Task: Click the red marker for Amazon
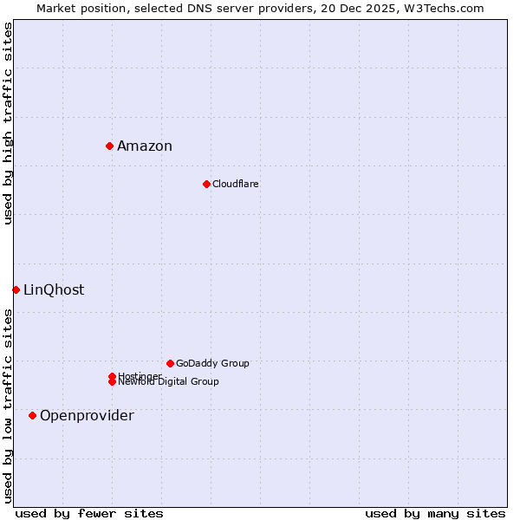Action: (110, 146)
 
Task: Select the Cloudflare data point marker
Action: (206, 184)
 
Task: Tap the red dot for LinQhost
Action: (16, 289)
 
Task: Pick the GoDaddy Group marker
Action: (170, 363)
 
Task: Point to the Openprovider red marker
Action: (33, 415)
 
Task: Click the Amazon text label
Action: (145, 146)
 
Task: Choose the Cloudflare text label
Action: (236, 184)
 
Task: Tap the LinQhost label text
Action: (54, 290)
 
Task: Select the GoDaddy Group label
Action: (212, 363)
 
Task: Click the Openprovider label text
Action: (87, 416)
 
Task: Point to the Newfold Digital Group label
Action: (169, 382)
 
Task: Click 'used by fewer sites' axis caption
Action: (89, 513)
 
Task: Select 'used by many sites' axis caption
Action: (435, 513)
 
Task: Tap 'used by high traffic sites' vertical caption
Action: (8, 123)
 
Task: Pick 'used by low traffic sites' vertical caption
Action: (8, 406)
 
